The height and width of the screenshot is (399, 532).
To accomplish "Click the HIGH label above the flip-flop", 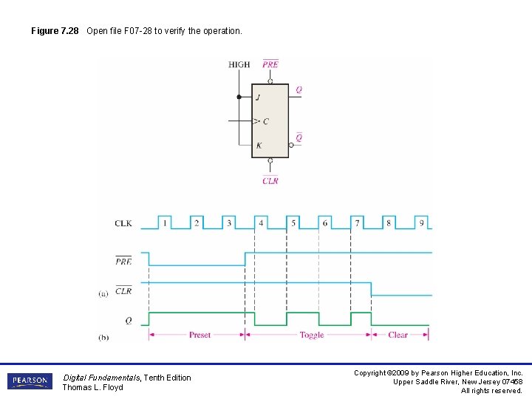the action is tap(239, 65).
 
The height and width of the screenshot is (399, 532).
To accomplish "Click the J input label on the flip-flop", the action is tap(258, 98).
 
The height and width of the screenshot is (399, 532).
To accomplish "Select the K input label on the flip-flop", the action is tap(259, 146).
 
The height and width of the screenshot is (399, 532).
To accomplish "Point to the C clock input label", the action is tap(265, 121).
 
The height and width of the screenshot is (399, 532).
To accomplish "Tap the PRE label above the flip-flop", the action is tap(270, 64).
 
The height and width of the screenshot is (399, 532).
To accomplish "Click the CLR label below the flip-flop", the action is tap(270, 180).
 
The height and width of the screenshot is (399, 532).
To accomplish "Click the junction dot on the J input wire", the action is tap(239, 97).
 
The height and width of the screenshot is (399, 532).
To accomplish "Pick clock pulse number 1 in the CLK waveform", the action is tap(165, 222).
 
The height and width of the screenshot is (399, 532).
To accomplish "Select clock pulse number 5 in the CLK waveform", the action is tap(293, 222).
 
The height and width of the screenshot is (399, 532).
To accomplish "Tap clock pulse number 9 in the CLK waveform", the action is tap(421, 222).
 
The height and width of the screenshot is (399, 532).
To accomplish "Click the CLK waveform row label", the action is tap(123, 222).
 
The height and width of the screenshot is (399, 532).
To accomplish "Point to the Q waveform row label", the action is tap(128, 321).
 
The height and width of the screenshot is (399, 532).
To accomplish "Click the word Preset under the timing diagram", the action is tap(199, 335).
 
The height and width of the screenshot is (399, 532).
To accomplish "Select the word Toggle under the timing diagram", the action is tap(312, 335).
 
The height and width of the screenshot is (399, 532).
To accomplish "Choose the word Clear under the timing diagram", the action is tap(398, 335).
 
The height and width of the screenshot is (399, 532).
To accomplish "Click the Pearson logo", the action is tap(30, 381).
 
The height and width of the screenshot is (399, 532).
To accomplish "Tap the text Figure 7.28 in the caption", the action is tap(55, 31).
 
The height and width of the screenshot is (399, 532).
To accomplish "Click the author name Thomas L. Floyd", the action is tap(92, 387).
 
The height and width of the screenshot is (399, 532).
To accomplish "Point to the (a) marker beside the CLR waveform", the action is tap(103, 293).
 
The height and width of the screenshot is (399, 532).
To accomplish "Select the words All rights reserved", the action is tap(491, 391).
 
